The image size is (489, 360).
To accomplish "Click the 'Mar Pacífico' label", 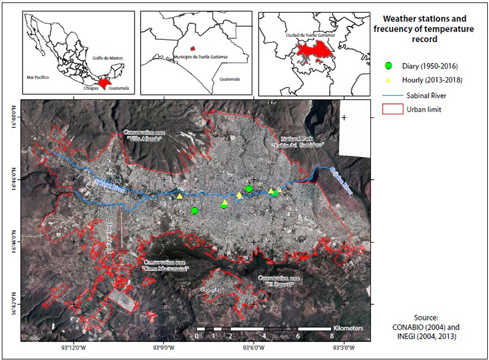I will (x=38, y=78).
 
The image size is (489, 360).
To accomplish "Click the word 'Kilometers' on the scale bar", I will (x=348, y=328).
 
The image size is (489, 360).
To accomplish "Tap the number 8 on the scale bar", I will (x=331, y=336).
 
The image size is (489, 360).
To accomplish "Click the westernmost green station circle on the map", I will (x=194, y=211).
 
